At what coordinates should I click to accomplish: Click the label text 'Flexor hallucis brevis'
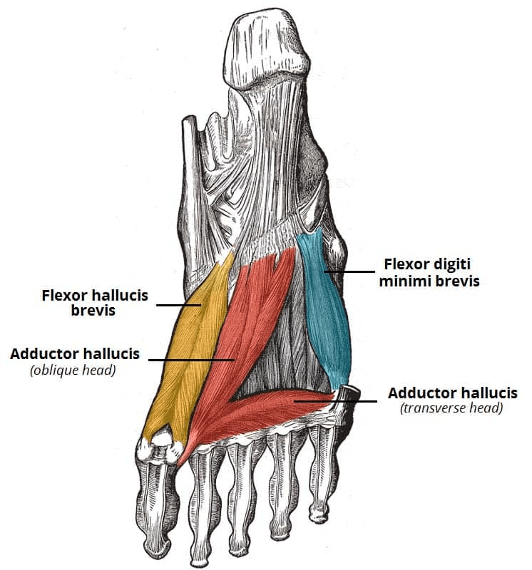pyautogui.click(x=95, y=303)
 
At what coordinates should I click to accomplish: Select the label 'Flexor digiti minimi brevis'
pyautogui.click(x=429, y=272)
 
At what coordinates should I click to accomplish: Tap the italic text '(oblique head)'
pyautogui.click(x=73, y=370)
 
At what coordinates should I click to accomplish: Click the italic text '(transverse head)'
pyautogui.click(x=451, y=408)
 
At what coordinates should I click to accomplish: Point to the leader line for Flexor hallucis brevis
pyautogui.click(x=179, y=305)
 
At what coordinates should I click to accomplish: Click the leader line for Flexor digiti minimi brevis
pyautogui.click(x=349, y=271)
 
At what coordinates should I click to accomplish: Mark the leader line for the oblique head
pyautogui.click(x=191, y=360)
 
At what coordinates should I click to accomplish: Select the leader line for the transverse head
pyautogui.click(x=335, y=401)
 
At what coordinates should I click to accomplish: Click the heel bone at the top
pyautogui.click(x=266, y=47)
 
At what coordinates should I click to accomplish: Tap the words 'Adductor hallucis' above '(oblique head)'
pyautogui.click(x=75, y=353)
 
